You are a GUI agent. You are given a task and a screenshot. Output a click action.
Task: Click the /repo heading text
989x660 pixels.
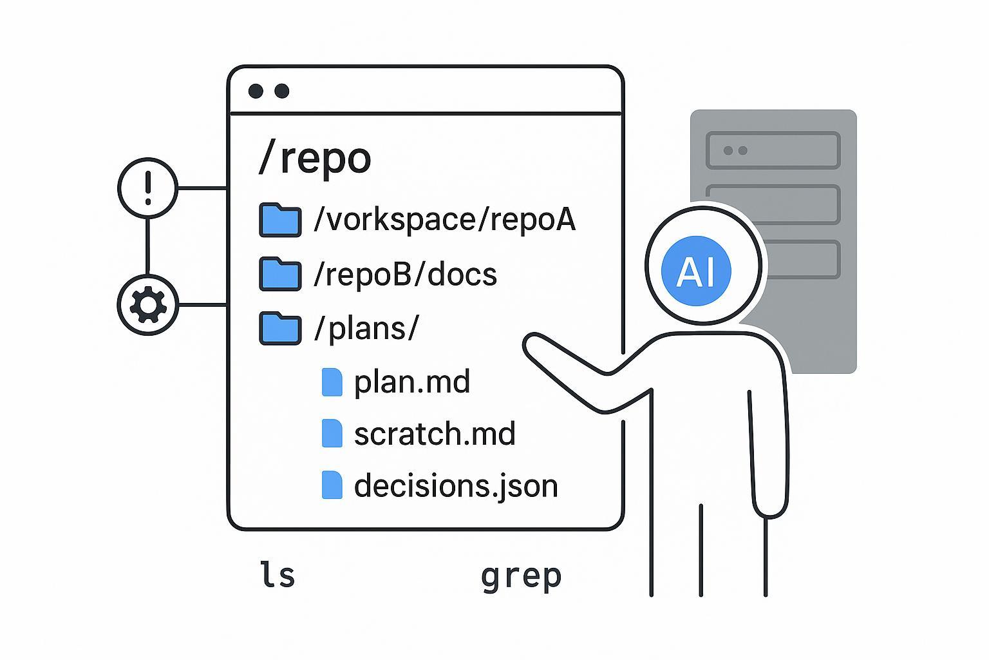tap(314, 158)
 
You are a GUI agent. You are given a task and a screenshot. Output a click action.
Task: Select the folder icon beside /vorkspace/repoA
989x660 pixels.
tap(280, 220)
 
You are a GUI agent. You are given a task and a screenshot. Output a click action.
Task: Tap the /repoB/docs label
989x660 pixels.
tap(405, 275)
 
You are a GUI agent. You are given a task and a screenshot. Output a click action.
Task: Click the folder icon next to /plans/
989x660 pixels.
tap(280, 328)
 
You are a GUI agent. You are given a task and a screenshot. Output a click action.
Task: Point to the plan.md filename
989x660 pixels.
tap(412, 382)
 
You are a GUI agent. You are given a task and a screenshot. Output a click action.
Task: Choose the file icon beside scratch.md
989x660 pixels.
tap(332, 433)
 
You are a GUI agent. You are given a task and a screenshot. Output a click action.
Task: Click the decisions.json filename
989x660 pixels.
tap(456, 485)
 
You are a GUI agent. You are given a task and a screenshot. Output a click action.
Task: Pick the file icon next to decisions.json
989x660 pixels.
tap(332, 485)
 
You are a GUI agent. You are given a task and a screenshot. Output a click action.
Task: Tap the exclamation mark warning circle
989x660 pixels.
tap(148, 188)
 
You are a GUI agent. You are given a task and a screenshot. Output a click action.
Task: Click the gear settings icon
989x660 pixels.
tap(148, 305)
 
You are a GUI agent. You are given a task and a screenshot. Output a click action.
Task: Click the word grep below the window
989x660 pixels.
tap(521, 576)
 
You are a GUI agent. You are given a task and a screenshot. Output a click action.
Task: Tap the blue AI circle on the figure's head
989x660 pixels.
tap(697, 270)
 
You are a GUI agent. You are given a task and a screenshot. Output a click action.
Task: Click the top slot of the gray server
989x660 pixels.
tap(773, 150)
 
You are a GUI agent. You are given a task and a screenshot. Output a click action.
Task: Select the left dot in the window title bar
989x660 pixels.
tap(256, 91)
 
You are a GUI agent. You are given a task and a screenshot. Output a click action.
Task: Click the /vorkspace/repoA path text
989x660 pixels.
tap(444, 220)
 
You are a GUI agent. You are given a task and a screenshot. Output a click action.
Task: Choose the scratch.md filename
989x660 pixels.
tap(435, 433)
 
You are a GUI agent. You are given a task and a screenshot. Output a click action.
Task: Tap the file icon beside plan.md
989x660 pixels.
tap(332, 382)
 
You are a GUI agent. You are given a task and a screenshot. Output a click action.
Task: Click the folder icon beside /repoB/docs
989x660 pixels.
tap(280, 274)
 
